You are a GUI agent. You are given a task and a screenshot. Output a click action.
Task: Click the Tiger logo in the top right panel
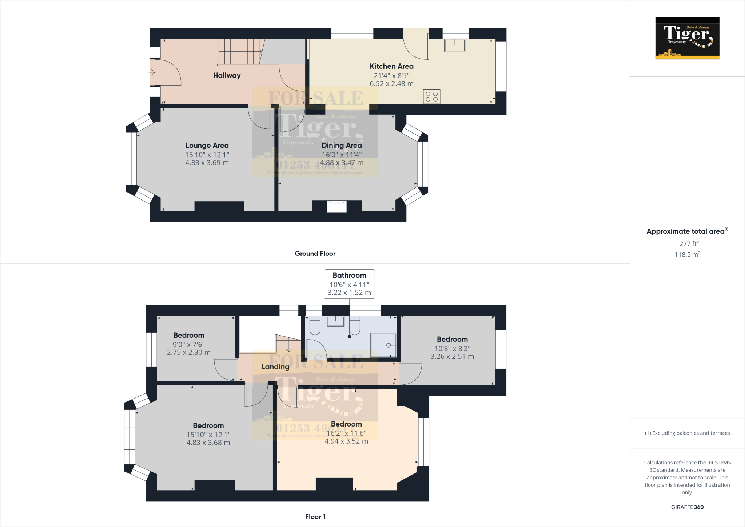(x=687, y=38)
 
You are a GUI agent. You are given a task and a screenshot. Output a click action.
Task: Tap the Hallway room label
(x=227, y=75)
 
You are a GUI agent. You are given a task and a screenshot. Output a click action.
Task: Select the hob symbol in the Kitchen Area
(x=431, y=96)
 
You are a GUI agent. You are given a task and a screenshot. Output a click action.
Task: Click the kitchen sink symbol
(x=454, y=45)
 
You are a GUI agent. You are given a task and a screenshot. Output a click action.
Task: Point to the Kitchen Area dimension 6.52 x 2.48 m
(x=391, y=84)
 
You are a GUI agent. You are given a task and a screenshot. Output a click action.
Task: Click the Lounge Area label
(x=207, y=146)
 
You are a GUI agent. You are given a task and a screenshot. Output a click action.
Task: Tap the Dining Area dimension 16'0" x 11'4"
(x=342, y=155)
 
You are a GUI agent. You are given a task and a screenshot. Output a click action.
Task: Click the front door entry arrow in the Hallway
(x=152, y=72)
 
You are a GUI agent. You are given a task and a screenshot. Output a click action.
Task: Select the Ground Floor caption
(x=315, y=254)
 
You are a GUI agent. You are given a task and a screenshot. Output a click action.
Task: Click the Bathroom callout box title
(x=349, y=276)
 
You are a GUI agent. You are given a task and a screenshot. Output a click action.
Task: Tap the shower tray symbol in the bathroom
(x=383, y=345)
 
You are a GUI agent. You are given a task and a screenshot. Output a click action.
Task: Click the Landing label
(x=275, y=367)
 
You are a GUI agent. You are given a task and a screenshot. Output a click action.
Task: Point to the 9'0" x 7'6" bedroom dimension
(x=188, y=344)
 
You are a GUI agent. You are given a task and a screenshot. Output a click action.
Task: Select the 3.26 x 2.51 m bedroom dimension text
(x=452, y=357)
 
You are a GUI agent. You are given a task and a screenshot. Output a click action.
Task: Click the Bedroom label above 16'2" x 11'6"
(x=346, y=424)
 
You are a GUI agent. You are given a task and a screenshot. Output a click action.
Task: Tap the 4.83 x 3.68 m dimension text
(x=208, y=443)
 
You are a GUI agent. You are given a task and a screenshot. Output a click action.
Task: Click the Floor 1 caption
(x=315, y=517)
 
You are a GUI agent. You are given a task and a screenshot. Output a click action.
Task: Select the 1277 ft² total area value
(x=687, y=244)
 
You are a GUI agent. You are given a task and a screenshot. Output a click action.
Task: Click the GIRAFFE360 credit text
(x=687, y=507)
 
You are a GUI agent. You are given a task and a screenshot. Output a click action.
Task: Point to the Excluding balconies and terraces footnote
(x=687, y=433)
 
